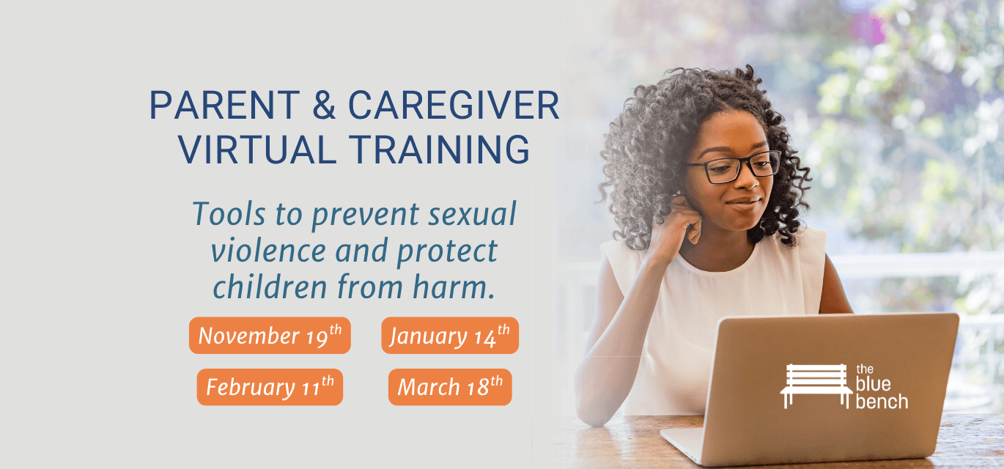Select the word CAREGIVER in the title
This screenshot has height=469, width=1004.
tap(454, 106)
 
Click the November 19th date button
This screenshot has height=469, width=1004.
tap(270, 336)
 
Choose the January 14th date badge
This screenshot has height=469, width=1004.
tap(450, 336)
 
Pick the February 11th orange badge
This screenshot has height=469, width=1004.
tap(270, 387)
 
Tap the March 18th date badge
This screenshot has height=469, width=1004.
tap(450, 387)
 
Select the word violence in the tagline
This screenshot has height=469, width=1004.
tap(267, 251)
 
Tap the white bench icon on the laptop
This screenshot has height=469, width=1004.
tap(816, 385)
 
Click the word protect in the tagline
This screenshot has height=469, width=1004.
tap(447, 251)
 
